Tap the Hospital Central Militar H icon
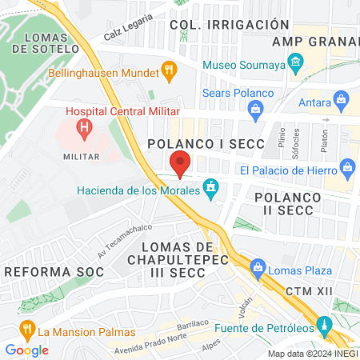83,127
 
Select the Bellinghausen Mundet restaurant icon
169,70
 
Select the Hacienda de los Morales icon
210,190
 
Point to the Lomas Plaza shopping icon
257,267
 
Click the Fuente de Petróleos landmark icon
325,326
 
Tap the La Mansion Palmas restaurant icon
26,330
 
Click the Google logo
26,350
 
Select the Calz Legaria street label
127,30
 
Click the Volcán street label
244,303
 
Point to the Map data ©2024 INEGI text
311,354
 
